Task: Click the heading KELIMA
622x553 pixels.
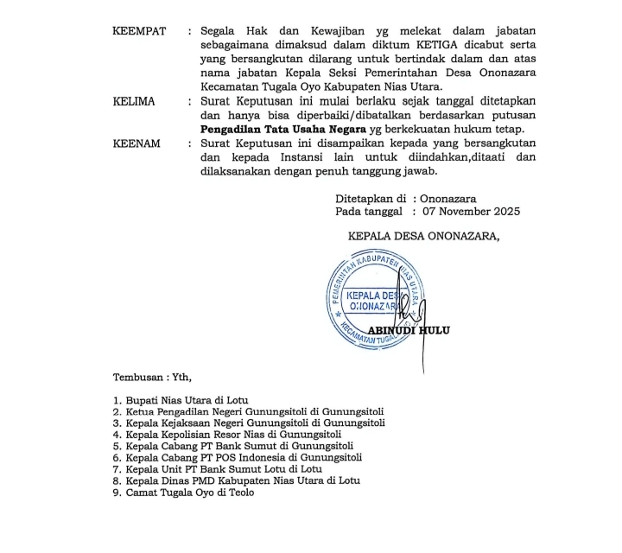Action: click(x=134, y=102)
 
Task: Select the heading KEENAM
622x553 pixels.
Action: click(x=136, y=143)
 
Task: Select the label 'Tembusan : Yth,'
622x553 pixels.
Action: click(x=152, y=378)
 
